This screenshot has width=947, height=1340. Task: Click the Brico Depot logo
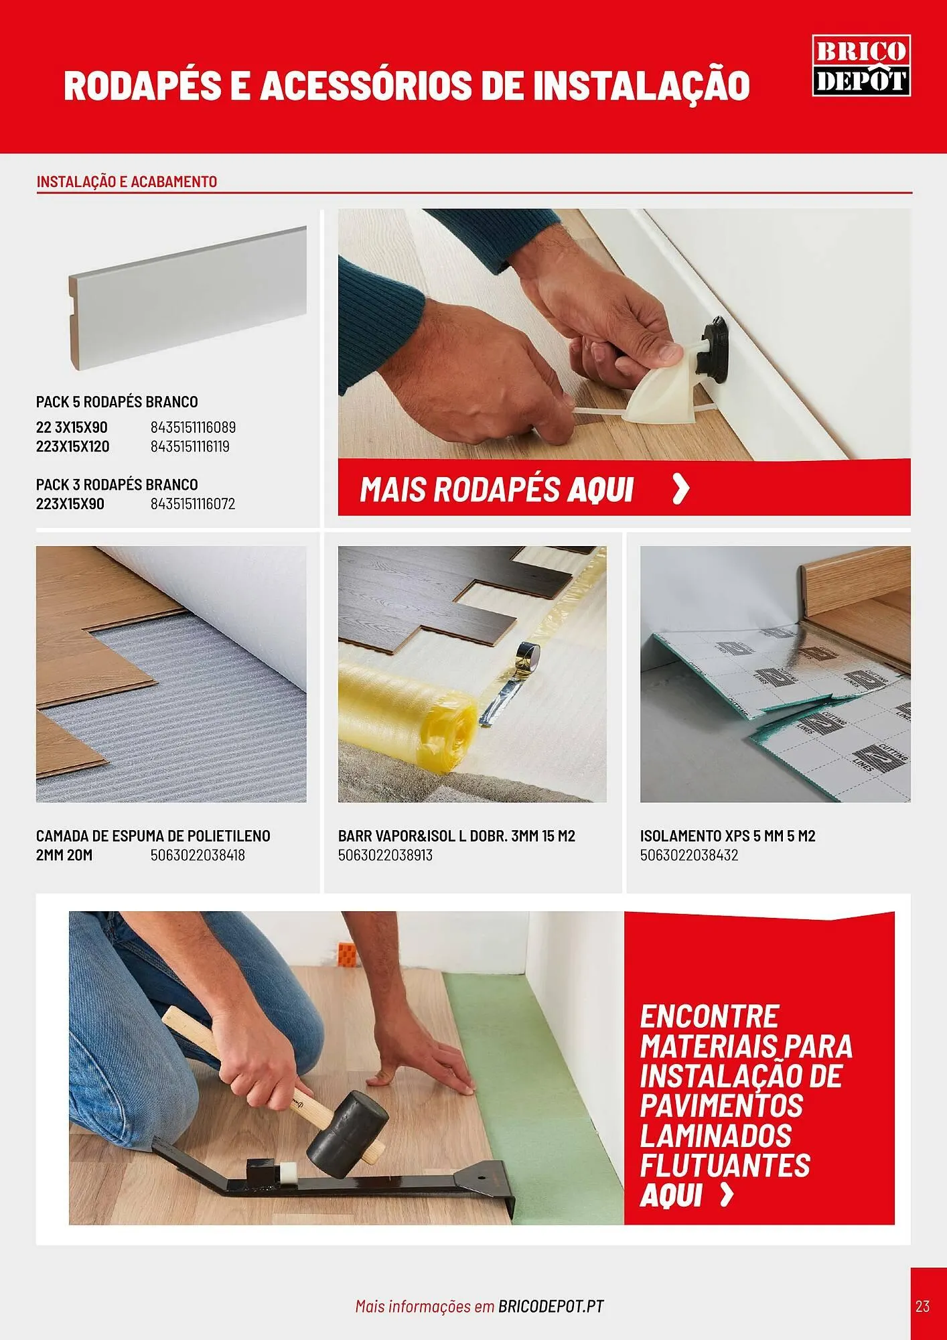861,66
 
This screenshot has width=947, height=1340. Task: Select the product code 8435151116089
193,427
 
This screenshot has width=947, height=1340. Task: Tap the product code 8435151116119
190,447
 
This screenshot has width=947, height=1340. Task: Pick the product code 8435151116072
193,504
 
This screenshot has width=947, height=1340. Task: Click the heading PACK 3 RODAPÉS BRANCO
117,484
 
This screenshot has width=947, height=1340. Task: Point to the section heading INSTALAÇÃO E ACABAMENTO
127,182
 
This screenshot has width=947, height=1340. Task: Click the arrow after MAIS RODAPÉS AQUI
680,489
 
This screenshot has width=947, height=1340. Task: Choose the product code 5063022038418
198,856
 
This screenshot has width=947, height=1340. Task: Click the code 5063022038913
385,856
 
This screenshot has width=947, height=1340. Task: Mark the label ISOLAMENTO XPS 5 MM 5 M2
728,836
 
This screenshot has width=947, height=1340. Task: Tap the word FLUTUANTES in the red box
725,1165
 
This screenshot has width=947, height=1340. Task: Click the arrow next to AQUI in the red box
727,1195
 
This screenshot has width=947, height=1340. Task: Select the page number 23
922,1306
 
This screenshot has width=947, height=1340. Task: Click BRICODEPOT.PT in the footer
551,1306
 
